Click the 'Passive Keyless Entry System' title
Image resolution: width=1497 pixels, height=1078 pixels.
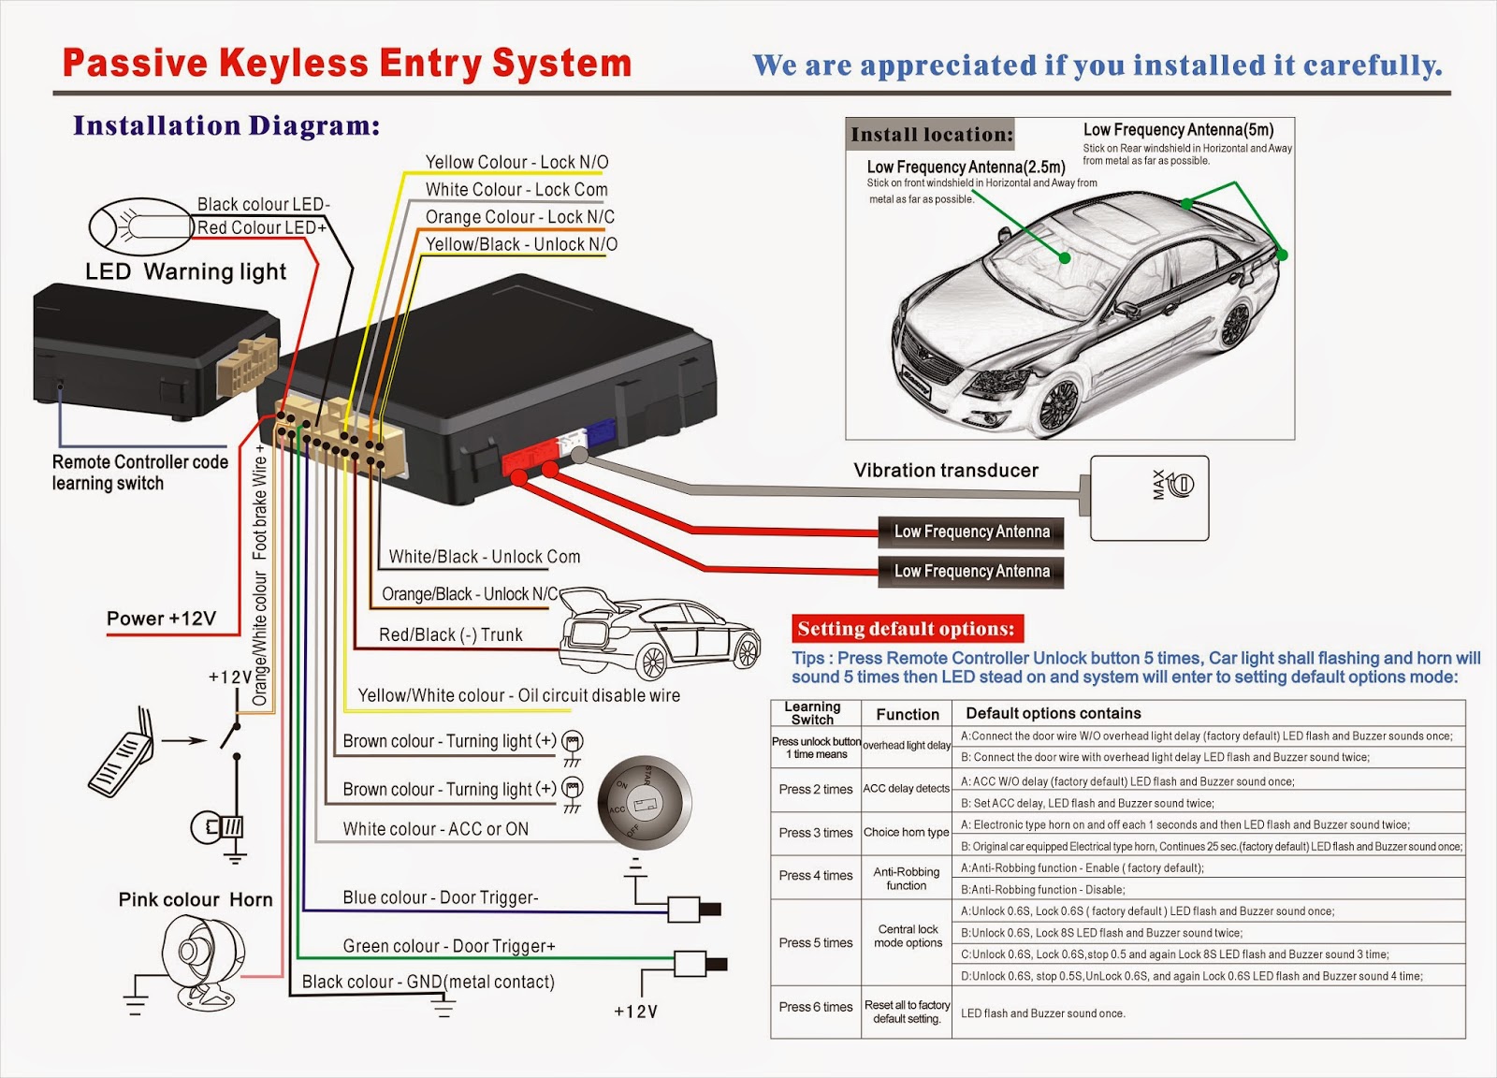click(347, 64)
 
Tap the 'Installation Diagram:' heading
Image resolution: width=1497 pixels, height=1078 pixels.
click(226, 125)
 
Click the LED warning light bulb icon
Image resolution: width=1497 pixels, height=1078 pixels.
click(140, 226)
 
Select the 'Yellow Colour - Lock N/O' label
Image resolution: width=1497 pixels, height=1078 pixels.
click(516, 163)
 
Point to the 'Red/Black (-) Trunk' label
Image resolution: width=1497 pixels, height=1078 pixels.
click(450, 634)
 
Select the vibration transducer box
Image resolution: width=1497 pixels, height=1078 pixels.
click(1149, 498)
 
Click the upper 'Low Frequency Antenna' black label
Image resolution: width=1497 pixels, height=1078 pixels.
click(971, 532)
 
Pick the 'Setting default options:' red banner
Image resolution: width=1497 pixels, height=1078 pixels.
click(907, 628)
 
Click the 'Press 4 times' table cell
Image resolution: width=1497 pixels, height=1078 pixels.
click(816, 876)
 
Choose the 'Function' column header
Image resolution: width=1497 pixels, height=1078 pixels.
click(907, 714)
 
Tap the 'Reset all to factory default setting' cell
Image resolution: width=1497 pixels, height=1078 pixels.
click(907, 1012)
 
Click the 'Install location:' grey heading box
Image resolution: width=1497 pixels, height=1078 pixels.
click(930, 135)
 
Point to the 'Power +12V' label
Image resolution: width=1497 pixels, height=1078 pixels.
click(161, 619)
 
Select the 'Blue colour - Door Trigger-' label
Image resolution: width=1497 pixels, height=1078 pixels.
click(441, 897)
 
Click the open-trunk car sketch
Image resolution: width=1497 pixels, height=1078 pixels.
click(660, 634)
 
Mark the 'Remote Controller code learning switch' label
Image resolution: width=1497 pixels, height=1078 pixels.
click(140, 473)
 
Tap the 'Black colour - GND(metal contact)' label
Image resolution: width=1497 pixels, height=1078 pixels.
click(429, 982)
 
